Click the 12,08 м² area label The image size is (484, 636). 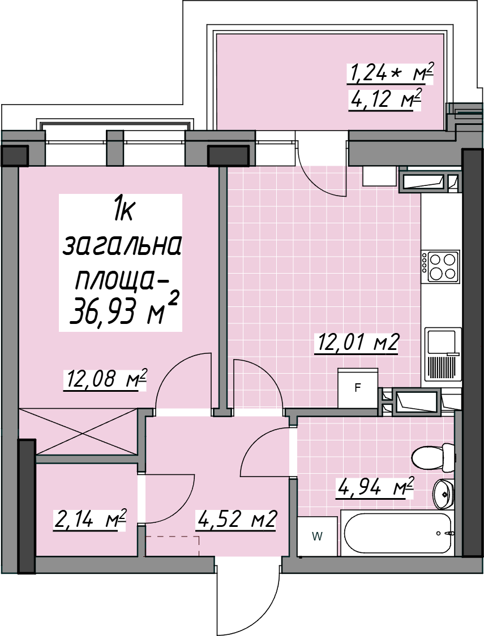(104, 379)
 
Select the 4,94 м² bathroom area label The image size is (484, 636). (374, 486)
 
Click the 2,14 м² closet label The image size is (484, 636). (89, 519)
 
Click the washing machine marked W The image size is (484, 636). (318, 537)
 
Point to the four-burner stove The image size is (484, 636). (440, 266)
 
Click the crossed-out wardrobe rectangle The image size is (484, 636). (78, 431)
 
